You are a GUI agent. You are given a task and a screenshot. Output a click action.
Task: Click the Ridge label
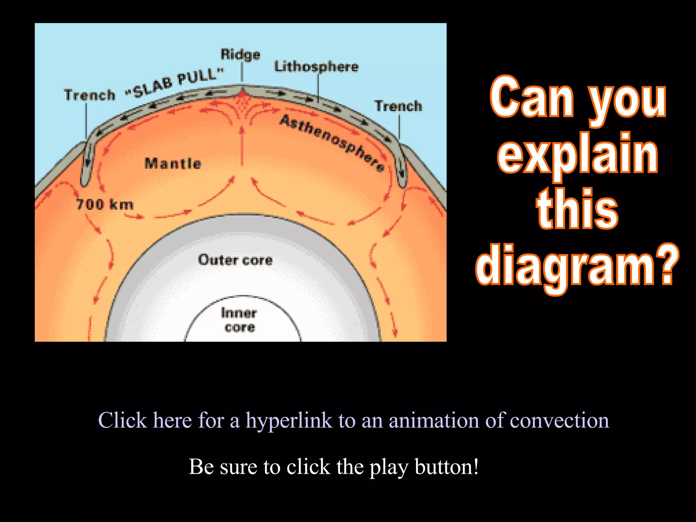coord(240,54)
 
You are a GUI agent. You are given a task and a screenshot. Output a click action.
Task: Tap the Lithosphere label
coord(316,67)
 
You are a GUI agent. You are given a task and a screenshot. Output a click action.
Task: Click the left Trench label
coord(90,95)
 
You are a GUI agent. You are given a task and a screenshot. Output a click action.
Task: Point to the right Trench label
coord(398,106)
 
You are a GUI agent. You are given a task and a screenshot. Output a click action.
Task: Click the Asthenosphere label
coord(332,143)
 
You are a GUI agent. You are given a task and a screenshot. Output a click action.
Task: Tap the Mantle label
coord(173,163)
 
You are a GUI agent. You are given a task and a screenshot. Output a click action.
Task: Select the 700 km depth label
coord(105,205)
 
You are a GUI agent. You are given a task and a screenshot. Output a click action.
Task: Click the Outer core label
coord(235,260)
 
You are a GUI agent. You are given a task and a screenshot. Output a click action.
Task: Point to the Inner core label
coord(239,320)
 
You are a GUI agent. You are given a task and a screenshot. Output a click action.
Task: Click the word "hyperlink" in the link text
coord(289,421)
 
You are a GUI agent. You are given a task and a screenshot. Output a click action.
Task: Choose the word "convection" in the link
coord(559,420)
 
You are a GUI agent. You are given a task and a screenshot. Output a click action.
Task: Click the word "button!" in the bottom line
coord(447,467)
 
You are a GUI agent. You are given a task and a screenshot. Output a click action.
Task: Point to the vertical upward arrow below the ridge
coord(242,146)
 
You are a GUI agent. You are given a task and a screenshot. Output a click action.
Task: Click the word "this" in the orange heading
coord(577,209)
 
